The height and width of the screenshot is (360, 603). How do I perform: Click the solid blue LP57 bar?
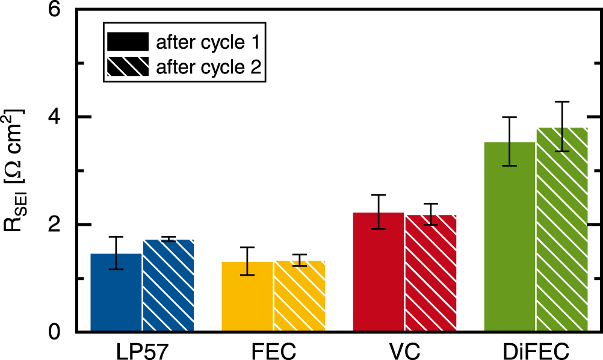pos(116,293)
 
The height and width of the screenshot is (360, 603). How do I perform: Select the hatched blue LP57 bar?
pos(168,286)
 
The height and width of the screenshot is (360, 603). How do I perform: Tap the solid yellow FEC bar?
pos(247,297)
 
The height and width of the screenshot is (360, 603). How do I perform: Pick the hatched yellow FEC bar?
pos(299,296)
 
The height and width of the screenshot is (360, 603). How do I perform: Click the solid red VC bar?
pos(379,272)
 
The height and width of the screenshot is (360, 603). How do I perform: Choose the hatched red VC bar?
pos(430,273)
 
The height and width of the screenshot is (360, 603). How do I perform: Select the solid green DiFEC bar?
pos(510,237)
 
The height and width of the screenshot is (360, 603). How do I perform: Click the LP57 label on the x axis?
pos(141,350)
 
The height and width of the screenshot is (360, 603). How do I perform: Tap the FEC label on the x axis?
pos(273,350)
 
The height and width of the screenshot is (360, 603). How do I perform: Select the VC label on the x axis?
pos(404,350)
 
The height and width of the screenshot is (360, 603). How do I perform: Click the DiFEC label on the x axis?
pos(536,350)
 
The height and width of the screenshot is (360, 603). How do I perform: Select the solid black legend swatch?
pos(127,42)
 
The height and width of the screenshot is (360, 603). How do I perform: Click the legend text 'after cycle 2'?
pos(208,67)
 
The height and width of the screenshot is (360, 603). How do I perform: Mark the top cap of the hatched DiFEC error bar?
pos(561,102)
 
